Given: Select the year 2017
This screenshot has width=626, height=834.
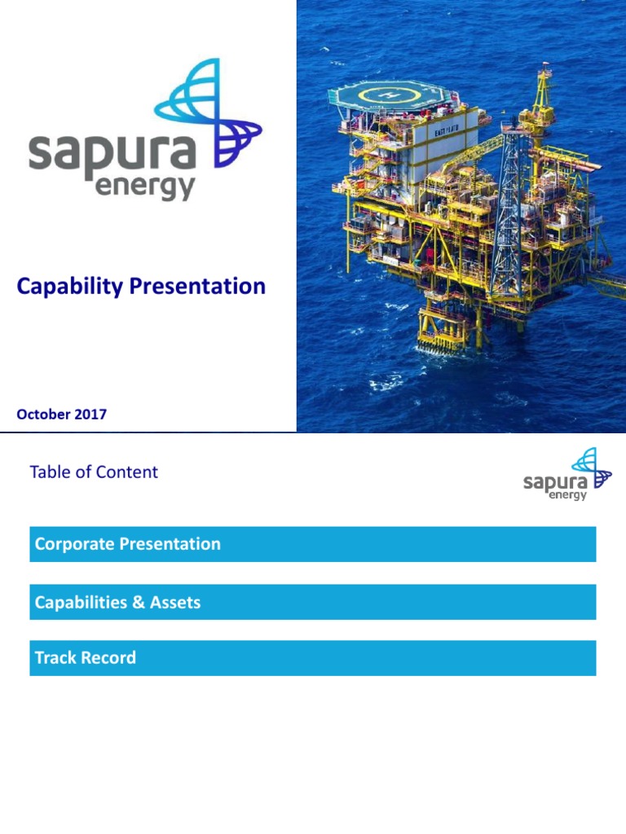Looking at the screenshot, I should [x=90, y=415].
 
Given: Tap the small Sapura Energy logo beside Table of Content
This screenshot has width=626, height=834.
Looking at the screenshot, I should [x=567, y=475].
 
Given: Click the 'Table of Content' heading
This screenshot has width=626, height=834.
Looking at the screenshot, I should [x=94, y=472].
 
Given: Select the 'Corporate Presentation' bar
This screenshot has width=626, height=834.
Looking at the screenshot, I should [x=312, y=544].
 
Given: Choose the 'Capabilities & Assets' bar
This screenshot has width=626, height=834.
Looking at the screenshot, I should [x=312, y=603].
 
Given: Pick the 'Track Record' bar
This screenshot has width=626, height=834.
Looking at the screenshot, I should [x=312, y=658].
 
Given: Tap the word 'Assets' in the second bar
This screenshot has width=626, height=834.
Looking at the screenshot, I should [x=175, y=603].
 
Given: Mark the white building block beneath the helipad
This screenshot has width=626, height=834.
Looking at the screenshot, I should [x=444, y=147].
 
